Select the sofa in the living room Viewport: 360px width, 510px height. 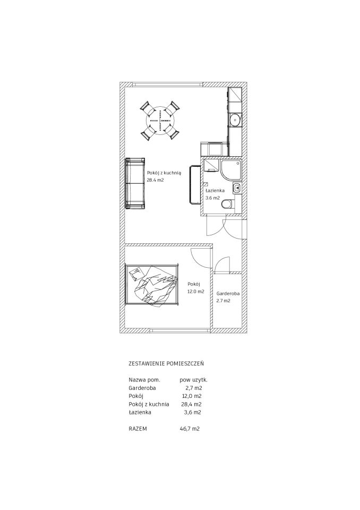coord(135,183)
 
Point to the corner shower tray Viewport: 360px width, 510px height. coord(231,170)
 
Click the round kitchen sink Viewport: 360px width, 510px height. coord(235,120)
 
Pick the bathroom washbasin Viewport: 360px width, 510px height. coord(237,188)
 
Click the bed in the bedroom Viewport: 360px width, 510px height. coord(152,285)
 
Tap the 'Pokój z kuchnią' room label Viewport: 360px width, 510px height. coord(164,173)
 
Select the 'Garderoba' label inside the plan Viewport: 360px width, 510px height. coord(228,293)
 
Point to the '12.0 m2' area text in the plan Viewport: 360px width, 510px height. coord(195,292)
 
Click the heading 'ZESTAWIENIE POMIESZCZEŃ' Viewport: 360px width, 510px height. coord(168,363)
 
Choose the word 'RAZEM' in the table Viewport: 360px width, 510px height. coord(138,429)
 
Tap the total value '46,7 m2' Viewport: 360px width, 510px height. coord(190,429)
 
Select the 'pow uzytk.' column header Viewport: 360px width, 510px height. coord(193,380)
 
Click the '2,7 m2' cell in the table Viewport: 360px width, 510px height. coord(194,388)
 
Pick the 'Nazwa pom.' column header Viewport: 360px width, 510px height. coord(145,379)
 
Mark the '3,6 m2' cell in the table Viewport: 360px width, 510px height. coord(193,412)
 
